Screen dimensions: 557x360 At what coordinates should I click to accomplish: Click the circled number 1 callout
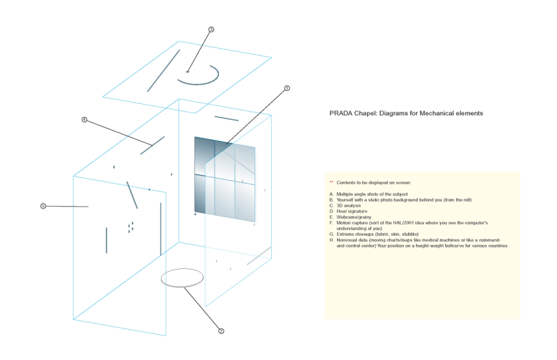(x=287, y=88)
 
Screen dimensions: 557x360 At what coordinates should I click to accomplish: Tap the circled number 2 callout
(x=221, y=331)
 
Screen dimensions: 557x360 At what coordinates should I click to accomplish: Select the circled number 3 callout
(x=211, y=30)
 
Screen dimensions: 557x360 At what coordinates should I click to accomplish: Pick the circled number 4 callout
(x=84, y=119)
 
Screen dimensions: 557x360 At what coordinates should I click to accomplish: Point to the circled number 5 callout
(x=43, y=206)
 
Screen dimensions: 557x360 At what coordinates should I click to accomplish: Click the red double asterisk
(x=331, y=182)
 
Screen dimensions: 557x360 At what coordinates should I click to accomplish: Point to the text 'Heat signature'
(x=352, y=212)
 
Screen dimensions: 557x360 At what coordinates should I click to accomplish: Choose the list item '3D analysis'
(x=348, y=205)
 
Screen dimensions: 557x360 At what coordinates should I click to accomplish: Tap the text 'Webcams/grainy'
(x=354, y=217)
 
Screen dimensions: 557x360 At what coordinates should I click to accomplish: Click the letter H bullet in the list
(x=331, y=240)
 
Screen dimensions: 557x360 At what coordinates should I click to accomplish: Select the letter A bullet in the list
(x=331, y=194)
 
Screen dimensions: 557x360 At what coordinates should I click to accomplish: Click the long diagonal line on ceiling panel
(x=163, y=71)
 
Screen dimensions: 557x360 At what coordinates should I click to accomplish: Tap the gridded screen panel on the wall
(x=225, y=179)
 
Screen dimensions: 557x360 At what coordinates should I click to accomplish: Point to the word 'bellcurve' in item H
(x=441, y=246)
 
